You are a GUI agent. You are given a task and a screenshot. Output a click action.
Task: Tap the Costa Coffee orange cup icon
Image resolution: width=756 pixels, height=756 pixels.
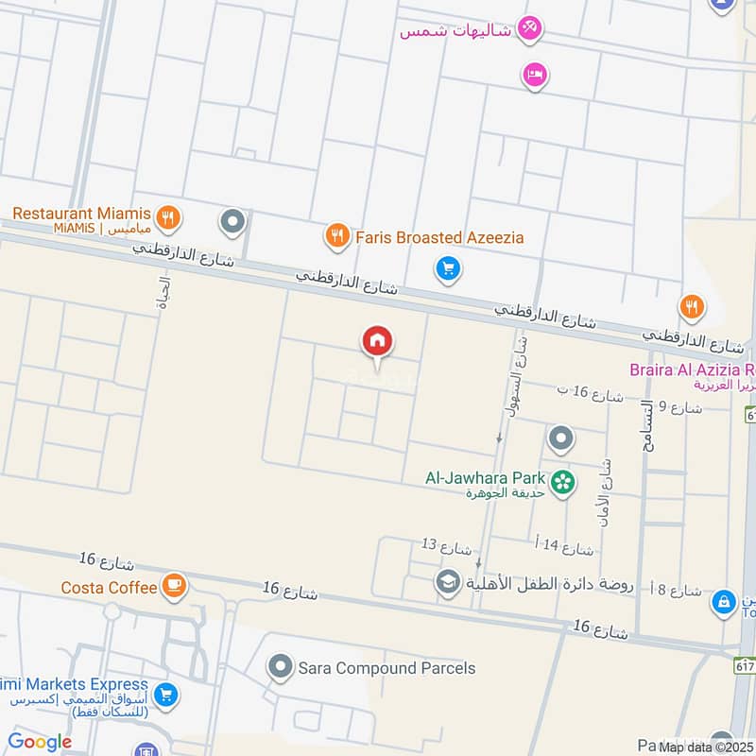[173, 587]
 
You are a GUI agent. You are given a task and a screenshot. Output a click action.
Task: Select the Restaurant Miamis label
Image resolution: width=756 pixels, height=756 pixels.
[81, 214]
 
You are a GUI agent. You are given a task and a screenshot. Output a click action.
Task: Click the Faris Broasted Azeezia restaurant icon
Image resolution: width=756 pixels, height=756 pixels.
[337, 236]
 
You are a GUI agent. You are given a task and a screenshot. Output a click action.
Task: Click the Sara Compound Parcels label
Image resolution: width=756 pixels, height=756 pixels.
[387, 668]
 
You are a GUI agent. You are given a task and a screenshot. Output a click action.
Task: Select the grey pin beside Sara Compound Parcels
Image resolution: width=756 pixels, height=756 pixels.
[280, 668]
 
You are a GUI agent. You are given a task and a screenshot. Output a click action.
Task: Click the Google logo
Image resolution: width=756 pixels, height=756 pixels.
[39, 743]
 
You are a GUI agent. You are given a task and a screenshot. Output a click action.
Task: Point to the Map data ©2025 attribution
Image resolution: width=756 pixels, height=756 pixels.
[706, 747]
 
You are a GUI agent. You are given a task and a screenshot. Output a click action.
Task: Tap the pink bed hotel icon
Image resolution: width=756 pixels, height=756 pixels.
[534, 76]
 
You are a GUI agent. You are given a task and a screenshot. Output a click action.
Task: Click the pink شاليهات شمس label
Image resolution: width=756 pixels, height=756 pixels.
[455, 30]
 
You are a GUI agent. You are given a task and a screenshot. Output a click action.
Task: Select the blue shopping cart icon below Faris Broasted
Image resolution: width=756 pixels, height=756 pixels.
[448, 270]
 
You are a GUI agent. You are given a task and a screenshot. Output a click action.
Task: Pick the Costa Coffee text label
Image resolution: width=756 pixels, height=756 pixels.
[109, 588]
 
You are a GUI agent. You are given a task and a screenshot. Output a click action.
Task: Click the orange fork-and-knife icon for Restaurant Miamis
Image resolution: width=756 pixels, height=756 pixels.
[167, 219]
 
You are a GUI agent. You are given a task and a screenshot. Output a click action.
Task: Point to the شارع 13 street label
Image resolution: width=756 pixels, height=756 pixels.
[446, 546]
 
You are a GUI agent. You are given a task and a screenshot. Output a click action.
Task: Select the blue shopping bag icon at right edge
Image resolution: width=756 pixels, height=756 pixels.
[724, 600]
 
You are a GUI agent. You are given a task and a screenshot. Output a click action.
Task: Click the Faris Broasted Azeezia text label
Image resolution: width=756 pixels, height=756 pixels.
[439, 237]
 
